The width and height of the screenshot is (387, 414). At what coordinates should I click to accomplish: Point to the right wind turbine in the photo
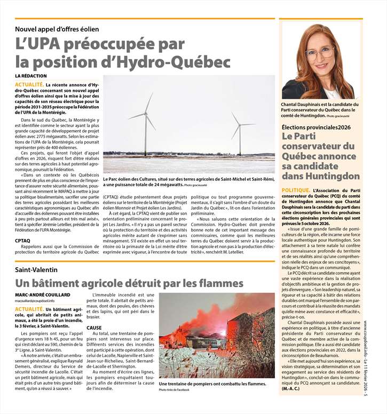click(239, 131)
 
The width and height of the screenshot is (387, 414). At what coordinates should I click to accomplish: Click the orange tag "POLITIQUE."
click(295, 190)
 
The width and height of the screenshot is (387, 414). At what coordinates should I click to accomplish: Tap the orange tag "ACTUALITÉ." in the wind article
click(29, 84)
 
